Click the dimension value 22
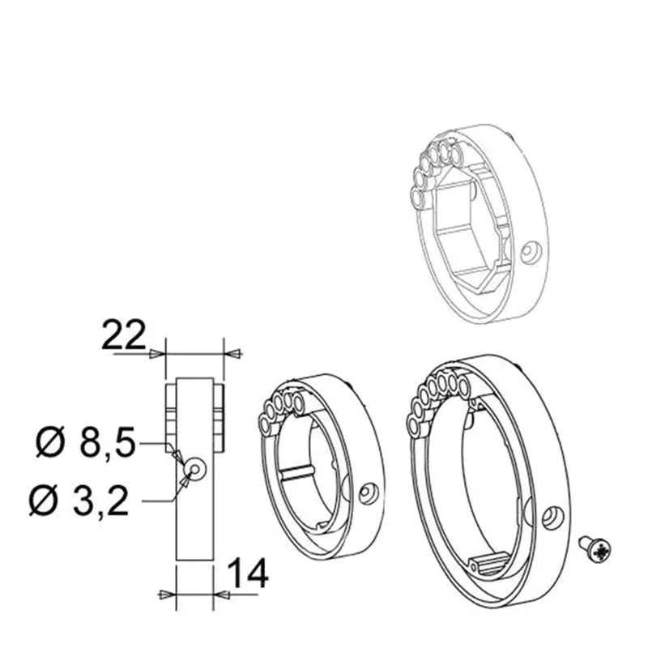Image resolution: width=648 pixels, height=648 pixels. [124, 335]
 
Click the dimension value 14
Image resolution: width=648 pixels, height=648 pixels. [248, 573]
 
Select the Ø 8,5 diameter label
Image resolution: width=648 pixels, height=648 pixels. [86, 442]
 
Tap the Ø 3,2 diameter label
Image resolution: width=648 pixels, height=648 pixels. [79, 501]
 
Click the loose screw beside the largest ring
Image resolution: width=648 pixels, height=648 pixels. [595, 550]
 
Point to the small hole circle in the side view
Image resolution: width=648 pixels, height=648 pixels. [194, 468]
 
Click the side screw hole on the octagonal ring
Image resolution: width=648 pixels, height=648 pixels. [531, 252]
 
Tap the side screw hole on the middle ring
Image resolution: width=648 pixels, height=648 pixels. [369, 493]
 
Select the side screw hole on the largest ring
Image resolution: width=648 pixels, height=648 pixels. [553, 517]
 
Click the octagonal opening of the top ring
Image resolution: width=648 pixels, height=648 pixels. [475, 232]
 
